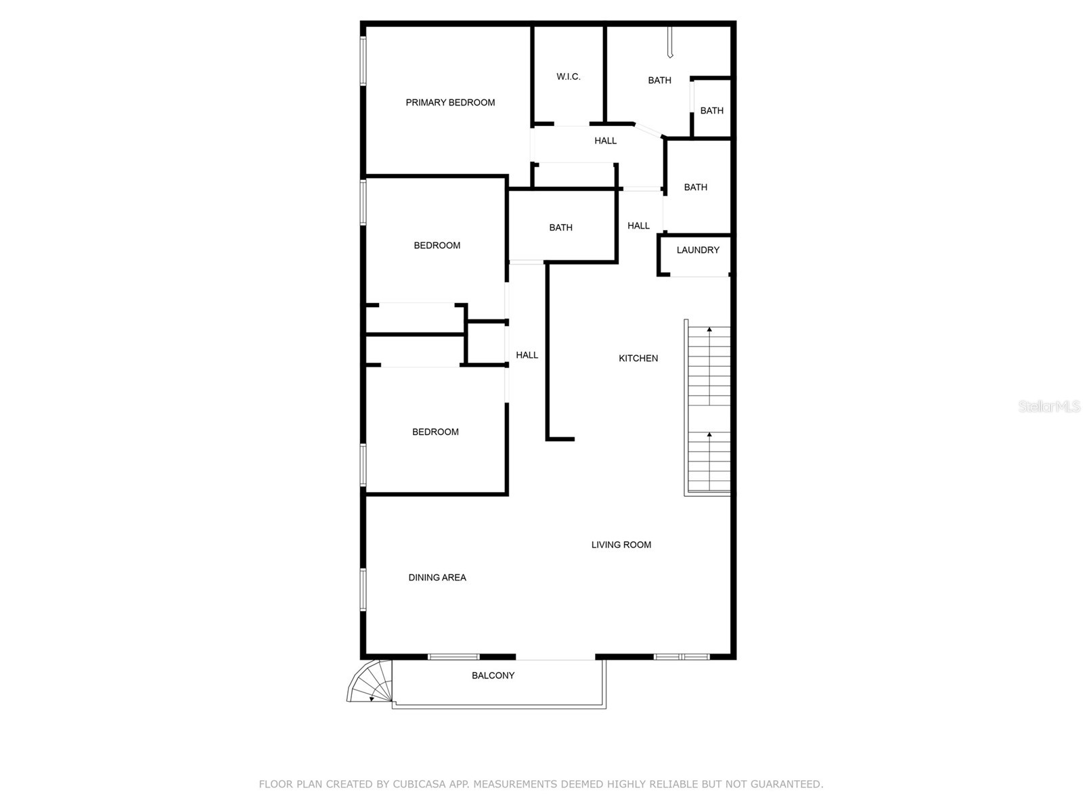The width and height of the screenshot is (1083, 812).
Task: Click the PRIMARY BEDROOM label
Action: click(x=450, y=103)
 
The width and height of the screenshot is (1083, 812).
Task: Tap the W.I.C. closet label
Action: click(x=568, y=77)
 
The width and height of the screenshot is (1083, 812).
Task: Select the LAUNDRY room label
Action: click(x=698, y=250)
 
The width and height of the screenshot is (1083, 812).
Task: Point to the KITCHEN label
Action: click(x=638, y=359)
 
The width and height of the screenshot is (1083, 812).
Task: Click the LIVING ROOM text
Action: click(x=621, y=545)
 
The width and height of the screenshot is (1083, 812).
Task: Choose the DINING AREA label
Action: click(x=437, y=578)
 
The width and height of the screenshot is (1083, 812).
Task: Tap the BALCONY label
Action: click(x=493, y=676)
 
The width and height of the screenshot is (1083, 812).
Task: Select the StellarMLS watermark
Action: click(x=1048, y=407)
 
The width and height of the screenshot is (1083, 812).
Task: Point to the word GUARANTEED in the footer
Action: click(x=787, y=784)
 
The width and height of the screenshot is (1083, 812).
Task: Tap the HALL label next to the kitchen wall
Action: click(x=527, y=355)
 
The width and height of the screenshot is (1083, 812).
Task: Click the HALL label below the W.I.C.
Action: click(x=605, y=141)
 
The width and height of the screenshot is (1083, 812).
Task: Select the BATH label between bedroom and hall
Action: click(x=560, y=228)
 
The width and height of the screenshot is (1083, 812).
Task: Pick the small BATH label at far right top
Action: click(x=711, y=111)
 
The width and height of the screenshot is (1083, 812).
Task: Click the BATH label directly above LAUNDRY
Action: click(x=695, y=187)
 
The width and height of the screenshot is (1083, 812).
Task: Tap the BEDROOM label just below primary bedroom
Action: click(x=437, y=246)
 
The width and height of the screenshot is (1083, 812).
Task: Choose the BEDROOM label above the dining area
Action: click(x=435, y=432)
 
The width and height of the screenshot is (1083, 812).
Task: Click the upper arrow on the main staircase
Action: click(x=709, y=330)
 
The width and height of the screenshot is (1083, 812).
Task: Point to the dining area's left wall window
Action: click(x=363, y=589)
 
